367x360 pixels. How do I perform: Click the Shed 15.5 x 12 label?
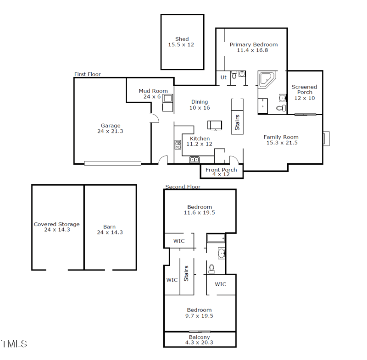tap(182, 42)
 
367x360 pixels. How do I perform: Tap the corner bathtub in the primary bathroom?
tap(266, 79)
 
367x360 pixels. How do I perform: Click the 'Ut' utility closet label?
tap(223, 78)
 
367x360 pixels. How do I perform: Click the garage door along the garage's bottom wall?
tap(113, 163)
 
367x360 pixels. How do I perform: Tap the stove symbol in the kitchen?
tap(178, 145)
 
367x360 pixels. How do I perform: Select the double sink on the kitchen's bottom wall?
tap(195, 160)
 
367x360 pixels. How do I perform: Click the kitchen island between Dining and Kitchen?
tap(215, 125)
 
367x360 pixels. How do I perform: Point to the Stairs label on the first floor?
tap(238, 122)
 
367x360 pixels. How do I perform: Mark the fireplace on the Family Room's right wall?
tap(326, 138)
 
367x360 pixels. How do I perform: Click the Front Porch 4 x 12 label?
tap(221, 172)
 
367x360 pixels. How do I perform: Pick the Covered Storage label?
tap(56, 227)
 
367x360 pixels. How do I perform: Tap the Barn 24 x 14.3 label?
tap(110, 229)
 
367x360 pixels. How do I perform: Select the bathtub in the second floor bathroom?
tap(215, 238)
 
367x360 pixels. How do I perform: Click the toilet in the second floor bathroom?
tap(211, 268)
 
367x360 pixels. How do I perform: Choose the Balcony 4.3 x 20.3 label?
tap(200, 339)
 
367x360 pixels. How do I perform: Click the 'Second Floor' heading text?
tap(183, 187)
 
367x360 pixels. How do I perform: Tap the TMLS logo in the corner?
tap(14, 343)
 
